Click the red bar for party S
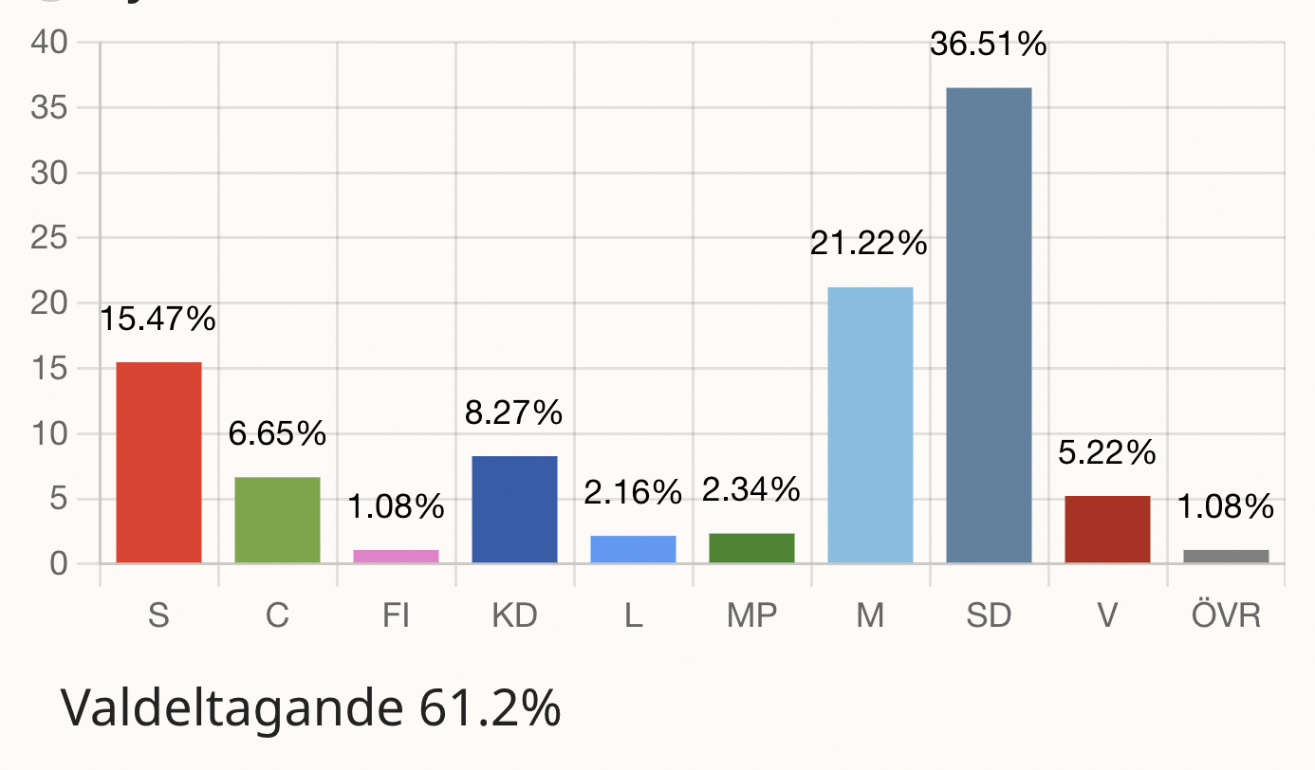[x=158, y=463]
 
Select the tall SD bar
[x=989, y=325]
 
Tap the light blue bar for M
[x=870, y=425]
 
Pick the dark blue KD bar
[x=514, y=509]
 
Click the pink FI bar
[x=396, y=556]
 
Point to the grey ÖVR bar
[x=1226, y=556]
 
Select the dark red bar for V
[x=1107, y=529]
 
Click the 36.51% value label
[x=988, y=45]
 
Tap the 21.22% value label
[x=868, y=245]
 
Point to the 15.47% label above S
[x=157, y=320]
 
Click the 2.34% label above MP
[x=750, y=490]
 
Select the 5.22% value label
[x=1107, y=453]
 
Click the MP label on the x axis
[x=751, y=616]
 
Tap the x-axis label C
[x=277, y=616]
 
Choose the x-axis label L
[x=633, y=616]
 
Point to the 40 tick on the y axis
[x=49, y=43]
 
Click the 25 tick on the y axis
[x=49, y=238]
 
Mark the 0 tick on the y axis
[x=59, y=564]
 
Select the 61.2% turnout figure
[x=492, y=708]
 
